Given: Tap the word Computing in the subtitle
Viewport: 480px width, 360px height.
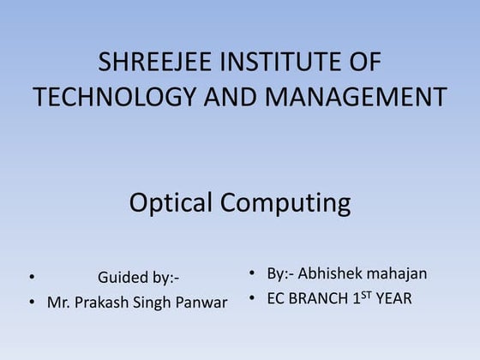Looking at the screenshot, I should [285, 204].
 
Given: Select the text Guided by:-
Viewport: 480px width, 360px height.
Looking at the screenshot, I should [138, 278].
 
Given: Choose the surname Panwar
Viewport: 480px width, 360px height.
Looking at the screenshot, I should [204, 303].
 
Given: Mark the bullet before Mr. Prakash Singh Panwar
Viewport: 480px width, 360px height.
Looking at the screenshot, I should [31, 303].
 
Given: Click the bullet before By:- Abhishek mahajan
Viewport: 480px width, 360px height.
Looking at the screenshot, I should [253, 274].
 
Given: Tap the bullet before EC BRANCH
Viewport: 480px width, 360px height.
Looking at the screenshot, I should [253, 299].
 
